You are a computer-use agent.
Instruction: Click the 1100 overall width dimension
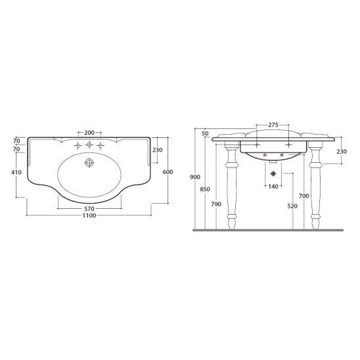pos(89,215)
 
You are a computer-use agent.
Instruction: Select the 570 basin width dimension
pos(89,209)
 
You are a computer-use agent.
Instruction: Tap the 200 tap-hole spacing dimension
pos(89,133)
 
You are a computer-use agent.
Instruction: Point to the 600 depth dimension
pos(168,171)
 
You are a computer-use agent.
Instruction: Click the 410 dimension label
pos(16,172)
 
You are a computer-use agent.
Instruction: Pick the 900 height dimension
pos(195,177)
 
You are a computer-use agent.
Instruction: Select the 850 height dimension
pos(205,189)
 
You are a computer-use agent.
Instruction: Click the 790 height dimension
pos(216,204)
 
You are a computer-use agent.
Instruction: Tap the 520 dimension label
pos(292,206)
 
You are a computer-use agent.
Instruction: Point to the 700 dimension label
pos(304,196)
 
